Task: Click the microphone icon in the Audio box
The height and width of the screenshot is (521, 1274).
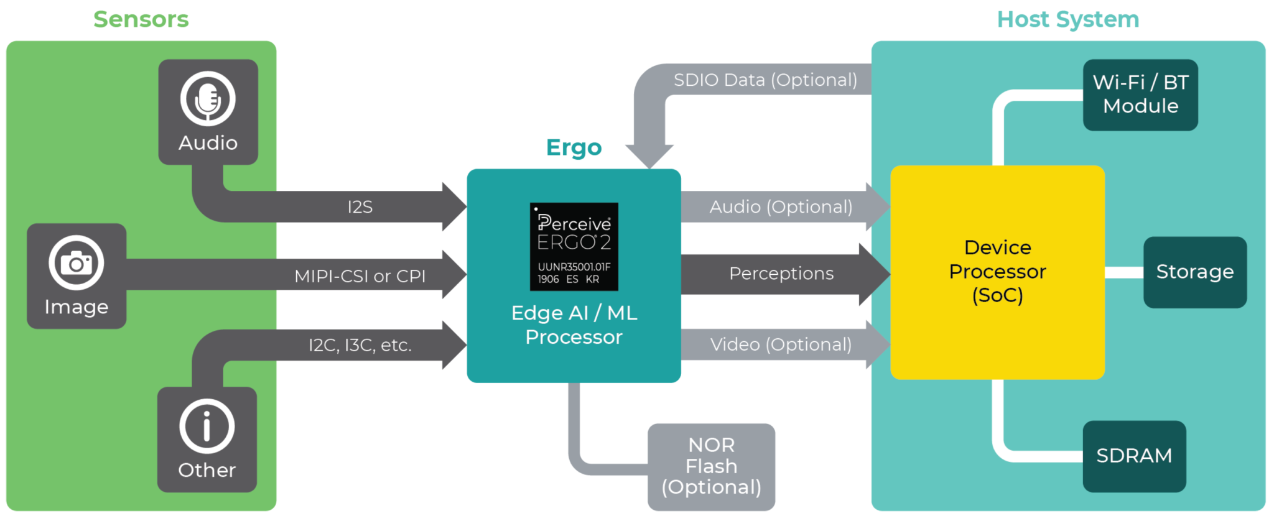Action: (208, 99)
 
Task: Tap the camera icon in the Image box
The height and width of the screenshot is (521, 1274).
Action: (77, 263)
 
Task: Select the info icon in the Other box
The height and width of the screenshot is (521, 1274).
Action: (207, 426)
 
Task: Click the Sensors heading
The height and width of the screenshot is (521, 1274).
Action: (141, 19)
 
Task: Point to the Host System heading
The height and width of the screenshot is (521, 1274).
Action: (1067, 19)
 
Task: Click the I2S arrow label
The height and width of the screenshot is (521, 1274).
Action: (360, 207)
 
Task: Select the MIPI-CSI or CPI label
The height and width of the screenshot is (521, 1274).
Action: (360, 275)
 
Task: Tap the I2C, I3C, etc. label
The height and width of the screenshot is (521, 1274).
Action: (360, 345)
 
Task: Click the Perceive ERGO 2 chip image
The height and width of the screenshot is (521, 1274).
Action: (574, 247)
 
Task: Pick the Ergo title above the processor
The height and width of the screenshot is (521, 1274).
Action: (574, 148)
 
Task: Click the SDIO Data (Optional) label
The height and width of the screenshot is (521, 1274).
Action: (765, 80)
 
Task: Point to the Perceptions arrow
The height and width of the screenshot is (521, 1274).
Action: (781, 274)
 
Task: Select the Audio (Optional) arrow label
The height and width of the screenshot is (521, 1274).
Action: (781, 207)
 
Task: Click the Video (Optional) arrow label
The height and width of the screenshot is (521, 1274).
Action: (781, 344)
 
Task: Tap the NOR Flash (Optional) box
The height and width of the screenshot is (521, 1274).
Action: (711, 466)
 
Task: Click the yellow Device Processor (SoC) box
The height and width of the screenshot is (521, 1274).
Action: (997, 272)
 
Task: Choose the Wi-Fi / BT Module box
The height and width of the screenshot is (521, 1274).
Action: (1140, 95)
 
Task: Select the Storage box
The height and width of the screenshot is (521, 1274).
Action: (1194, 272)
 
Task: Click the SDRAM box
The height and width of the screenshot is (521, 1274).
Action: (1134, 456)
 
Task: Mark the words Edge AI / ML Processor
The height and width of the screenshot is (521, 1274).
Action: (574, 325)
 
